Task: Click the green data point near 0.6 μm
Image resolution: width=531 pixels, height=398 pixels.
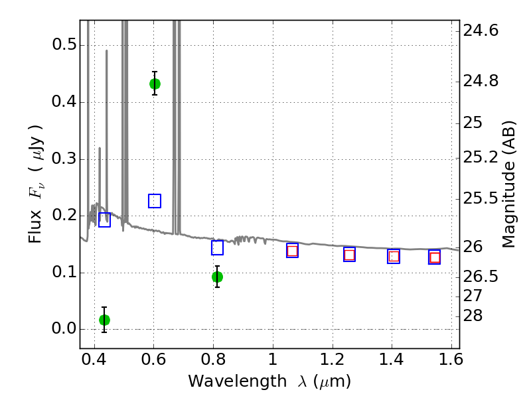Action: pos(155,84)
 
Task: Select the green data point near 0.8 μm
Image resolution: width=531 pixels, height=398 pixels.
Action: pos(217,277)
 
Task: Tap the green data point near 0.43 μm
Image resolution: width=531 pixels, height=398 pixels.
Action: pos(104,320)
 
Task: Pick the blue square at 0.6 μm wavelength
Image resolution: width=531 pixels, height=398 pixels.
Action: pos(155,201)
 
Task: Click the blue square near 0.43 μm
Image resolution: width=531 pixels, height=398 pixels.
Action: pos(104,220)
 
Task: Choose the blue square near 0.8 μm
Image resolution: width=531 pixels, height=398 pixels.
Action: pos(217,247)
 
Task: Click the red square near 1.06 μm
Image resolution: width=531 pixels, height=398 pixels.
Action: pos(292,251)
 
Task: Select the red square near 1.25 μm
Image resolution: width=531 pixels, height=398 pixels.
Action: pos(349,255)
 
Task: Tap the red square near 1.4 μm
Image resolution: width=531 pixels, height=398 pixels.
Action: pos(394,257)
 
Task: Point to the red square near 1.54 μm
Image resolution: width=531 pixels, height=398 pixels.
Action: pos(435,257)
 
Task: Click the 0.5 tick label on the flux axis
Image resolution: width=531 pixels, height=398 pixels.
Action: pos(64,44)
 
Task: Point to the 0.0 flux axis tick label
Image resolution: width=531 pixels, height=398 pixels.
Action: pos(64,328)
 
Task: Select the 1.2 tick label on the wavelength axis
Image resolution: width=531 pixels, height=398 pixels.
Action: pos(333,360)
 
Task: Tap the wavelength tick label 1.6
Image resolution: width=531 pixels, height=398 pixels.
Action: pos(451,360)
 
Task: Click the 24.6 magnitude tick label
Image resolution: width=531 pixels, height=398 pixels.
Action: pos(481,31)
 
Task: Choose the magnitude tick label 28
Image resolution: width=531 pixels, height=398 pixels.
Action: pos(473,316)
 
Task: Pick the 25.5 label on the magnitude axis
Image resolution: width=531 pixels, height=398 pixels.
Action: pos(481,198)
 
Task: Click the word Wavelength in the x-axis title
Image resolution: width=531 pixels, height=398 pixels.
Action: pos(238,381)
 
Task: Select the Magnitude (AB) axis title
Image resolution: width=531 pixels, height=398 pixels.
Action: pos(508,184)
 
